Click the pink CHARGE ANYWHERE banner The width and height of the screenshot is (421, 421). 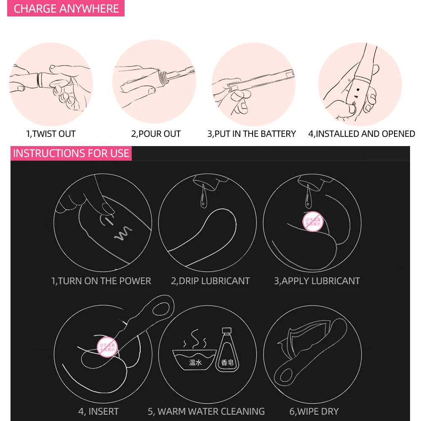click(x=66, y=9)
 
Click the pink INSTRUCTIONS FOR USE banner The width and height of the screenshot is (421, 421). click(x=71, y=153)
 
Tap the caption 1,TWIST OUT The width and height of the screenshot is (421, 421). click(x=51, y=134)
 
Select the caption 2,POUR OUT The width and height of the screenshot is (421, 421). click(x=156, y=134)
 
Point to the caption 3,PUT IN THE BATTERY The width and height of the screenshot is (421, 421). click(x=252, y=134)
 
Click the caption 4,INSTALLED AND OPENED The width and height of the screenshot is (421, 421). click(x=362, y=134)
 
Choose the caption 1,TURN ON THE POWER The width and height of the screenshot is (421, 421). click(x=101, y=281)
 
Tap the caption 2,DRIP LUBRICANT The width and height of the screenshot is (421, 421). click(x=210, y=281)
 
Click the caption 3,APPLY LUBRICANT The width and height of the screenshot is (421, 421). click(x=317, y=281)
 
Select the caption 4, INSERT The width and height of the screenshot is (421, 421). click(x=99, y=411)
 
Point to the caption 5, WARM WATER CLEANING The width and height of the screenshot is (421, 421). click(x=206, y=411)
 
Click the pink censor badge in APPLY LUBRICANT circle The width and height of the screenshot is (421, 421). click(x=312, y=221)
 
